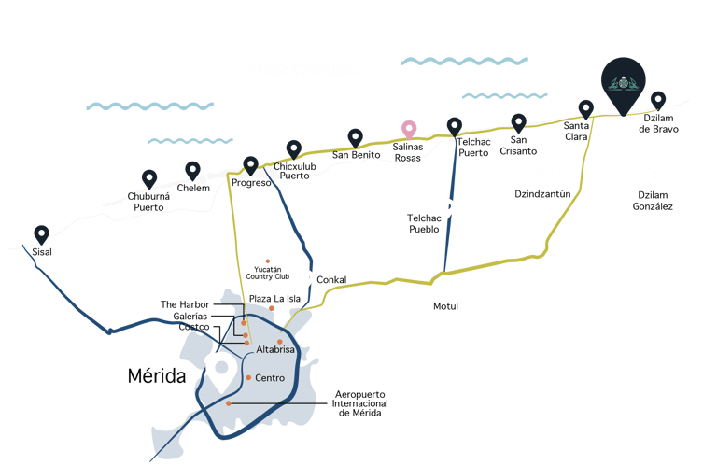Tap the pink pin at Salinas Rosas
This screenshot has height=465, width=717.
coord(408,130)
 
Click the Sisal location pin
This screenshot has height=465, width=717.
coord(41,234)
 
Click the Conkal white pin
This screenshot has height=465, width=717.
coord(305,277)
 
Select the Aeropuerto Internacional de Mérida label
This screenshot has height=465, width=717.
coord(358,403)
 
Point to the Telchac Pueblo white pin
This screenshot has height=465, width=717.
coord(448,207)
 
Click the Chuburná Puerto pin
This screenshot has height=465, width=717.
coord(149,177)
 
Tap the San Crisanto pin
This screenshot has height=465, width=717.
coord(518,122)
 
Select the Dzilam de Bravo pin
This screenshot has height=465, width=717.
coord(658,99)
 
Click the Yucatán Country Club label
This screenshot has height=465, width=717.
coord(269,274)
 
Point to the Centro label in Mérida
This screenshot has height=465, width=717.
coord(270,378)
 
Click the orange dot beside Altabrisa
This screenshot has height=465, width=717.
coord(279,341)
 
